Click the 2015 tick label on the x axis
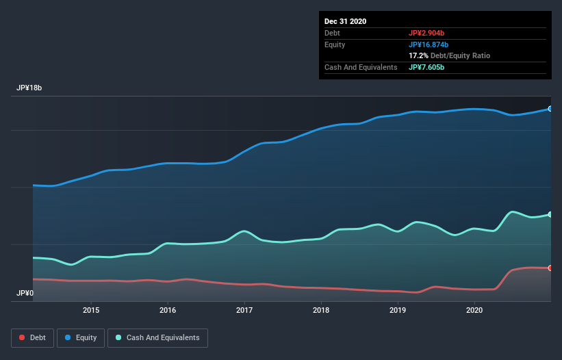pyautogui.click(x=91, y=310)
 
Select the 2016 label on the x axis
pyautogui.click(x=168, y=310)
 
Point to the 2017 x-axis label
pyautogui.click(x=244, y=310)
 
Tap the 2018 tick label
pyautogui.click(x=321, y=310)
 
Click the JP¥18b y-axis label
pyautogui.click(x=30, y=88)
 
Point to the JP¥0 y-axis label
pyautogui.click(x=25, y=293)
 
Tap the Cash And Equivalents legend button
pyautogui.click(x=157, y=337)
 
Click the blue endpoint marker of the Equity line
pyautogui.click(x=550, y=109)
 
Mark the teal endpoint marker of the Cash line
pyautogui.click(x=550, y=215)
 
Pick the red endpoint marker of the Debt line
pyautogui.click(x=550, y=268)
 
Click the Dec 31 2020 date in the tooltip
pyautogui.click(x=346, y=21)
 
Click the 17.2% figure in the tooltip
pyautogui.click(x=418, y=55)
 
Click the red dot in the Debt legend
pyautogui.click(x=23, y=337)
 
